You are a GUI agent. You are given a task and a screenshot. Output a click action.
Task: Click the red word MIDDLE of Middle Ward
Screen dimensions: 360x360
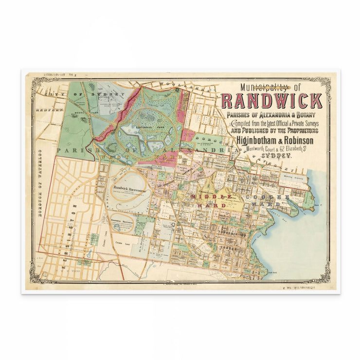click(x=211, y=197)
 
